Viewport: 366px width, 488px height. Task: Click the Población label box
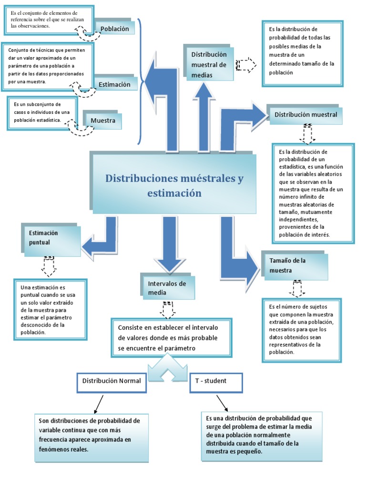coord(115,29)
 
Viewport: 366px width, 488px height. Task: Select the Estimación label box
coord(115,84)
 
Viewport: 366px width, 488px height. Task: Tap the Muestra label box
coord(103,121)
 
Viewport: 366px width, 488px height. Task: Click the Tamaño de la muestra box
coord(294,266)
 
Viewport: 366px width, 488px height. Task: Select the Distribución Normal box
coord(112,381)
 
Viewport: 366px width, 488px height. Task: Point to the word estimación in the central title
coord(174,193)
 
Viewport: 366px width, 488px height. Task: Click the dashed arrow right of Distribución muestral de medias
coord(246,65)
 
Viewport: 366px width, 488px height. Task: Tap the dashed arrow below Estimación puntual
coord(49,265)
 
